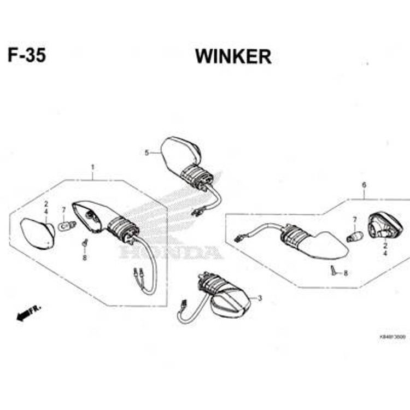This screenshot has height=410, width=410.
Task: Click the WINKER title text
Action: [233, 56]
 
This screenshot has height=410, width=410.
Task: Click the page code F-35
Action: [27, 56]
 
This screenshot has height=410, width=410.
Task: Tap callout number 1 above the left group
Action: [93, 166]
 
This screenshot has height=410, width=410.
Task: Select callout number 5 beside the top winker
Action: [147, 153]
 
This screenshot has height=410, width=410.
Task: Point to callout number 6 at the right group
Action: [364, 185]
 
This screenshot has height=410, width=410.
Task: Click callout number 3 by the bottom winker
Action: [260, 298]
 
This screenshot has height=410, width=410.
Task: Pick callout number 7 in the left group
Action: [63, 209]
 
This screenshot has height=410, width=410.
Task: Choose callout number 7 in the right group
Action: [354, 220]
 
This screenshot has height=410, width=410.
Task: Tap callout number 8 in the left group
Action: [85, 257]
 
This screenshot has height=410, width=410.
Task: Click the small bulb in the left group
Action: [65, 224]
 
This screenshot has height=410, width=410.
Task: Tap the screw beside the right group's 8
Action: [333, 270]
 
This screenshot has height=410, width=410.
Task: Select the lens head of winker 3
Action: [230, 305]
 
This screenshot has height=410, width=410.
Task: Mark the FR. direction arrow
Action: [29, 313]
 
